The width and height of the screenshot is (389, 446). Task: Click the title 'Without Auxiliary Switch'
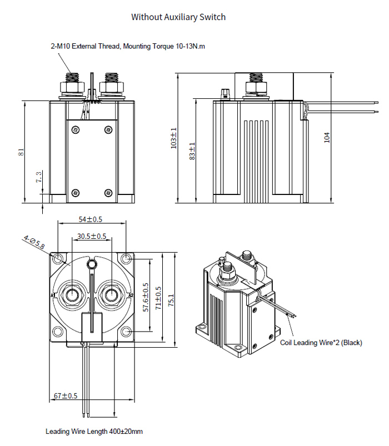click(x=178, y=17)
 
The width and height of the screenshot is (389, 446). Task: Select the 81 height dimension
click(x=21, y=152)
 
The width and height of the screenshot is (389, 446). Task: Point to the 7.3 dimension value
click(x=38, y=177)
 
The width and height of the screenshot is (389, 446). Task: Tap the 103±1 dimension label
click(x=173, y=138)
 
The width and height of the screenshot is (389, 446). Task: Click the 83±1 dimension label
click(x=192, y=151)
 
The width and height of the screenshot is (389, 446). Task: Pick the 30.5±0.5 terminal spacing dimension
click(x=92, y=236)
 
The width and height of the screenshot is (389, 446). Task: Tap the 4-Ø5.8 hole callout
click(x=34, y=242)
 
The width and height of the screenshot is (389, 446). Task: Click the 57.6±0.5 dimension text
click(x=146, y=297)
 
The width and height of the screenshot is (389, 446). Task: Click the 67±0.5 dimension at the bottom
click(x=66, y=396)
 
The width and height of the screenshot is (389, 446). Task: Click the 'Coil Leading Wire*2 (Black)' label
click(x=321, y=343)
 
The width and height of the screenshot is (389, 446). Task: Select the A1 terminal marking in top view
click(x=53, y=295)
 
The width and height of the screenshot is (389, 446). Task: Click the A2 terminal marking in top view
click(x=131, y=295)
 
